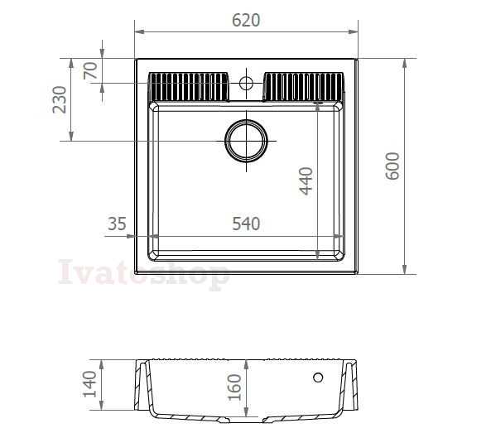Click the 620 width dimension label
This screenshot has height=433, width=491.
tap(246, 20)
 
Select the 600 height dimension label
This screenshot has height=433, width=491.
tap(392, 166)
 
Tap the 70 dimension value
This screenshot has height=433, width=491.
tap(90, 70)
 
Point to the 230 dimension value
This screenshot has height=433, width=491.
tap(59, 99)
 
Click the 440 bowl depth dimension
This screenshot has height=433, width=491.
tap(306, 181)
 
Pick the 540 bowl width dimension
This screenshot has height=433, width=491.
tap(246, 224)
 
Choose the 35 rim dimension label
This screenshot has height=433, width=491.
tap(117, 224)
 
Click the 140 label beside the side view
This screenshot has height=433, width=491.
tap(90, 384)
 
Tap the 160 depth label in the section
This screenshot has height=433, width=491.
tap(234, 387)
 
